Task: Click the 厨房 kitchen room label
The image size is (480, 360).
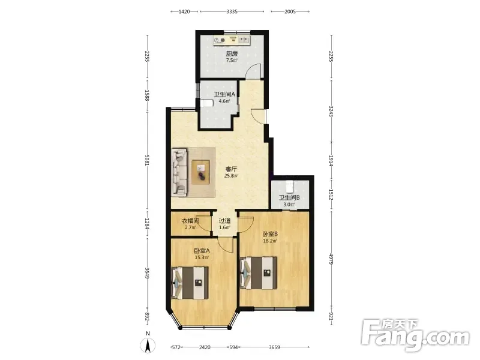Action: tap(232, 53)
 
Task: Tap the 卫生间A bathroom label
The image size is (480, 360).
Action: tap(224, 94)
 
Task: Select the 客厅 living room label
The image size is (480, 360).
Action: tap(231, 169)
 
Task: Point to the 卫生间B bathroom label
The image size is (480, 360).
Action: tap(289, 197)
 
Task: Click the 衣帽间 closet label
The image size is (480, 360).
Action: tap(191, 221)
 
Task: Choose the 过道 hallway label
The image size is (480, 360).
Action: tap(224, 221)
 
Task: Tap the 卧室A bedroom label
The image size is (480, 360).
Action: tap(202, 251)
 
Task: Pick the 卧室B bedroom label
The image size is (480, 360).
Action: tap(270, 234)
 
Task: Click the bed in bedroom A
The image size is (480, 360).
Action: tap(190, 283)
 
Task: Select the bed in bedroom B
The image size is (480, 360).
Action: tap(259, 273)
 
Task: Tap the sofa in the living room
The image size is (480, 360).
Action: tap(179, 172)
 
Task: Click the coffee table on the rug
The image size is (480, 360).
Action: tap(201, 172)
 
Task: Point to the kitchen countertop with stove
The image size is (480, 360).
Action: tap(232, 40)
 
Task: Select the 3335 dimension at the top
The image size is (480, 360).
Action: tap(232, 11)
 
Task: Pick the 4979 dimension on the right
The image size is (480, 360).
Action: tap(331, 259)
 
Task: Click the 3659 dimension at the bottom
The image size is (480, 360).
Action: tap(274, 347)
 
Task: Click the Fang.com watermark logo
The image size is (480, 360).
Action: tap(415, 335)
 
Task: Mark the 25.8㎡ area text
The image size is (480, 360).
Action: tap(231, 176)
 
